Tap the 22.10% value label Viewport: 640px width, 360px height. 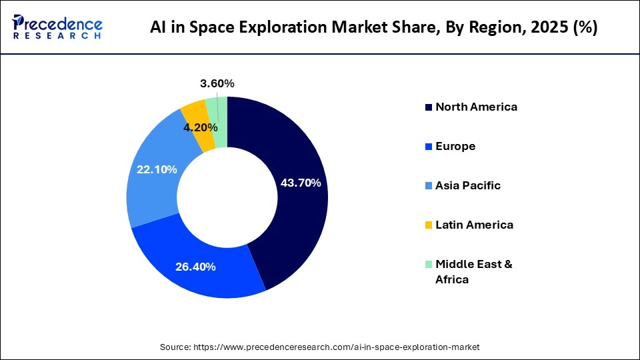point(157,170)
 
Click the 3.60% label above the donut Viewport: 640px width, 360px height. point(217,83)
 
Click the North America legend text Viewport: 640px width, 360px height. point(476,107)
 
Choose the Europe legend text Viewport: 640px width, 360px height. point(455,146)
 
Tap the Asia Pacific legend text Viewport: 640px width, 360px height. point(467,185)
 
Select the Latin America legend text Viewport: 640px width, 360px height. point(474,225)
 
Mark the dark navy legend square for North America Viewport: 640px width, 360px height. point(428,107)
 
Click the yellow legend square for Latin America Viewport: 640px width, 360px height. point(428,225)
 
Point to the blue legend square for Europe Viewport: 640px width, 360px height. point(428,147)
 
